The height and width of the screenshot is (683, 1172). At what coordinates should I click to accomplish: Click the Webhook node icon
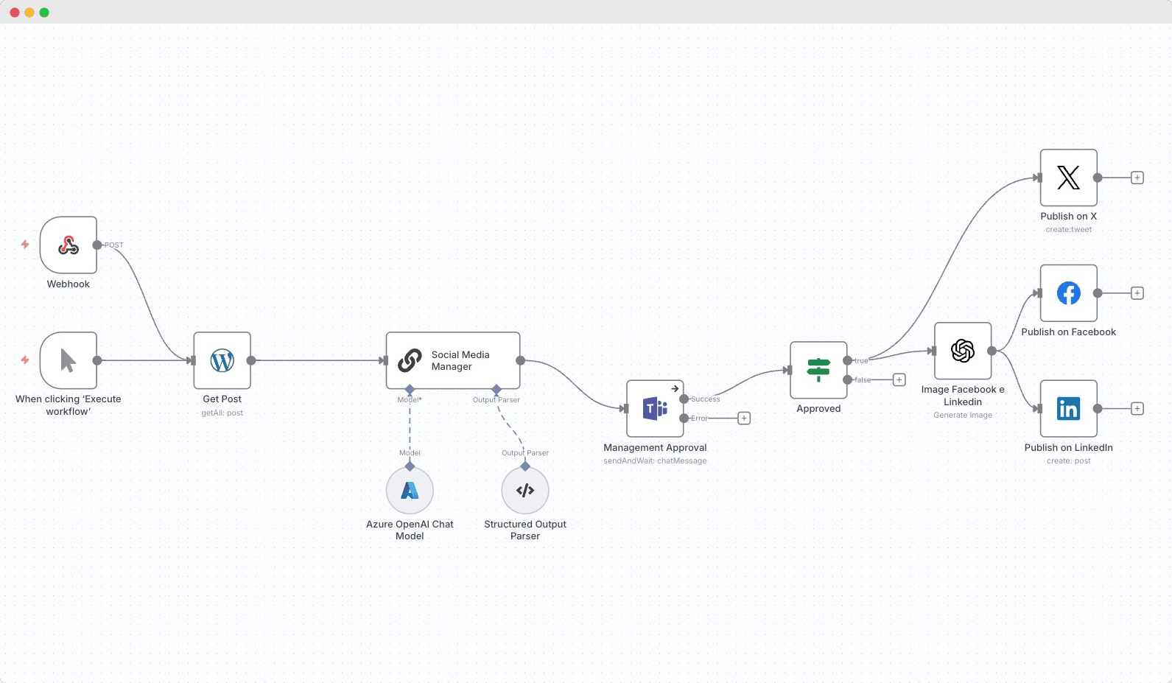click(x=69, y=245)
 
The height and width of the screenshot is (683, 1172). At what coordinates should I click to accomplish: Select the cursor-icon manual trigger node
click(x=69, y=360)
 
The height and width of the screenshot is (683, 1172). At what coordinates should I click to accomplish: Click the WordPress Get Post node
click(x=222, y=360)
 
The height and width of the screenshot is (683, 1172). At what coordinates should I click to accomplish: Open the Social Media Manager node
click(x=453, y=360)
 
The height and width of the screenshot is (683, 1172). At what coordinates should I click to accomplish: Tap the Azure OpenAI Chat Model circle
click(x=410, y=490)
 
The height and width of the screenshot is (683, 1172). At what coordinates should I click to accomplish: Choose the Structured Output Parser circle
click(x=525, y=490)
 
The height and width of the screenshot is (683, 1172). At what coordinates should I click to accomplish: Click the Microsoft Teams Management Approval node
click(x=655, y=408)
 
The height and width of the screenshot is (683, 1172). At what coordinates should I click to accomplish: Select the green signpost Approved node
click(x=818, y=370)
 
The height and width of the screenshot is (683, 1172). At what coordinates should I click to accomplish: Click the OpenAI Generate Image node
click(x=963, y=351)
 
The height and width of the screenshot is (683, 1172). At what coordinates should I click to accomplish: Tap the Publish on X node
click(x=1068, y=178)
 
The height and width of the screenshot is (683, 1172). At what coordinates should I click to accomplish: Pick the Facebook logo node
click(x=1068, y=293)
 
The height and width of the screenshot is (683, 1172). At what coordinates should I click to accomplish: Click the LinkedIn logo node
click(x=1068, y=408)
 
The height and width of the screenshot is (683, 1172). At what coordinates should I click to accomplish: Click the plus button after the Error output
click(x=744, y=418)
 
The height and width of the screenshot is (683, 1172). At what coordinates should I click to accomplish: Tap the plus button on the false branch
click(x=899, y=379)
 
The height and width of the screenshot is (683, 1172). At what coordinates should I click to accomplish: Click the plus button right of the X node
click(x=1137, y=178)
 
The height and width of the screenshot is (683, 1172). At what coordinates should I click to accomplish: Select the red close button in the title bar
click(x=15, y=13)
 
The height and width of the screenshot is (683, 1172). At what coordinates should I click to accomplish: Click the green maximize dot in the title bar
click(x=44, y=13)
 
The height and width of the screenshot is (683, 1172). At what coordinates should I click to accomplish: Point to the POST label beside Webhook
click(x=114, y=245)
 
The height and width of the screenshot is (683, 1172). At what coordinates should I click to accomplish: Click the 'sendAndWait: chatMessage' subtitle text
click(x=655, y=461)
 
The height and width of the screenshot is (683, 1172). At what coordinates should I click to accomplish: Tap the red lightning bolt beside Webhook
click(x=25, y=244)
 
